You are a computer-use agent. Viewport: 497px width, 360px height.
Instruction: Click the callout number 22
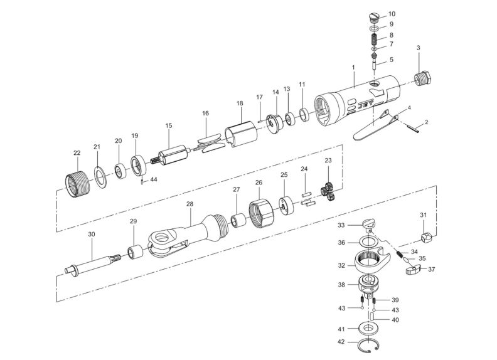tap(77, 153)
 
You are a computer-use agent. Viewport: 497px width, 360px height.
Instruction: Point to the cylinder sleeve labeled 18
tap(242, 131)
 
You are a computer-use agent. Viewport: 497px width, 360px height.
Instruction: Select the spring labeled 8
tap(373, 36)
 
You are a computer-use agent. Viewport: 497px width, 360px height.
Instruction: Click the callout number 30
tap(92, 235)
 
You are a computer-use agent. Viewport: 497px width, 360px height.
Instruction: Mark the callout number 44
tap(154, 180)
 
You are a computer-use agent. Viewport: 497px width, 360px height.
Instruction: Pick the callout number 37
tap(431, 270)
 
